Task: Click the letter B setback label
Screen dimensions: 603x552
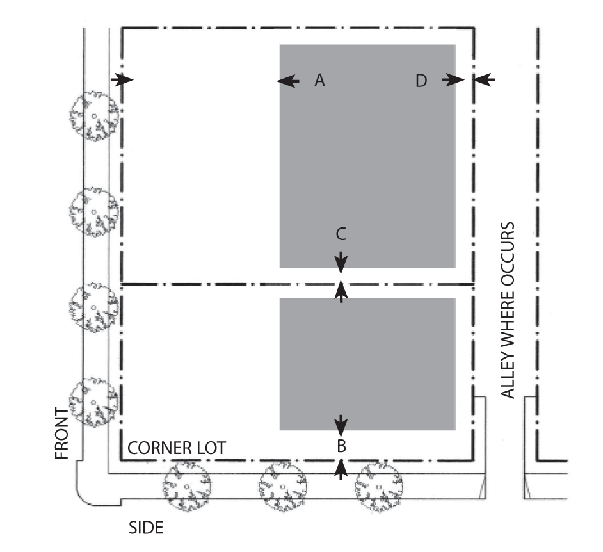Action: [x=341, y=444]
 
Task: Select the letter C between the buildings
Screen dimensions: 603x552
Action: [x=341, y=234]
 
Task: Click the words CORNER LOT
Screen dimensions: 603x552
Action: [x=177, y=448]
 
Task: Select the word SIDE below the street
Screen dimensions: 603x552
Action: [x=146, y=528]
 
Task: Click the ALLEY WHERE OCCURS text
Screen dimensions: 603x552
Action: [x=508, y=311]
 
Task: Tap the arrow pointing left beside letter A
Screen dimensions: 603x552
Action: [x=288, y=81]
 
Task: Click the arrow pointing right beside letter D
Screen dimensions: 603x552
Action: [x=453, y=80]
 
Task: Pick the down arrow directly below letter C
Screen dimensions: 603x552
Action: [x=341, y=261]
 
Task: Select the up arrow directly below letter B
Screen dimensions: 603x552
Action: [x=341, y=469]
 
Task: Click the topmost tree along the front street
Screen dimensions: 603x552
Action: [x=94, y=117]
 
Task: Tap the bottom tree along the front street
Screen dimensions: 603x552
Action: [x=94, y=402]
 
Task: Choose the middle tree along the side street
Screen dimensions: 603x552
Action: [x=282, y=486]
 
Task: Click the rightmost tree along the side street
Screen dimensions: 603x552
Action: [x=378, y=486]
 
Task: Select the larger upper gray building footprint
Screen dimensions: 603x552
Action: [x=367, y=156]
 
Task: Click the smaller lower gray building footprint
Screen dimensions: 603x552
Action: [x=367, y=364]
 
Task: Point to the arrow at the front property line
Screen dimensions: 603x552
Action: [x=122, y=79]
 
